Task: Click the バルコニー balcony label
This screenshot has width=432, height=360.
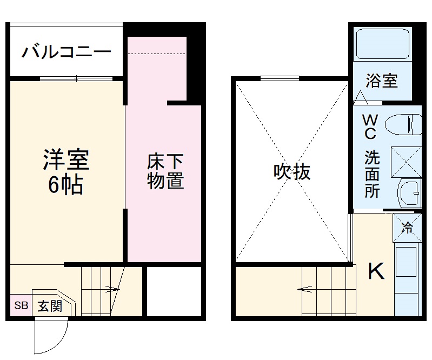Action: (67, 52)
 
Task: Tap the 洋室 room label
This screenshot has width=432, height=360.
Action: (66, 161)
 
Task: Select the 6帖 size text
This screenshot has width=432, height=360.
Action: (66, 185)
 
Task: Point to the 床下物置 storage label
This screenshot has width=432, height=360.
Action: (165, 172)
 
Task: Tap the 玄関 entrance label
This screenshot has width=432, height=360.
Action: (50, 306)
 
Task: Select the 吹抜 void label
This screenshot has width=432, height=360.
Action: (291, 172)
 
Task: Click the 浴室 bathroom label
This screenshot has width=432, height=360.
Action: (382, 81)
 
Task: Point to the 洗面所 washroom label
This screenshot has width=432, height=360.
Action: (371, 175)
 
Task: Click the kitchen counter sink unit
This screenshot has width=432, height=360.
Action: (407, 270)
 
